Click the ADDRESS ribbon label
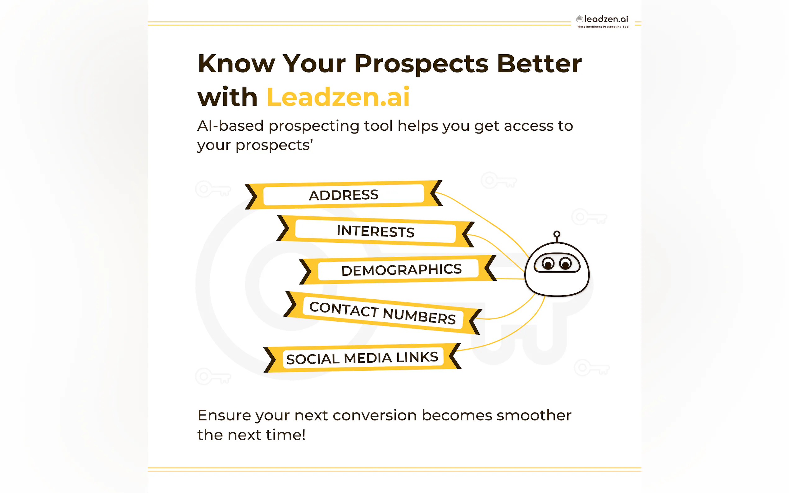344,195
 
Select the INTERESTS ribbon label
375,231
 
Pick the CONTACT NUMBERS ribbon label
382,312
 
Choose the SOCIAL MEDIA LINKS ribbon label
362,358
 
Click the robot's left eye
548,264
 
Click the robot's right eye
565,264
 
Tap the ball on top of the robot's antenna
557,234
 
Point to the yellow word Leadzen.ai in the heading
338,97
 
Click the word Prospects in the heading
421,64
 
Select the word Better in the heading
539,64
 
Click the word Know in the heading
236,64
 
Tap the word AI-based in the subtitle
230,126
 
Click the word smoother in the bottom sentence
534,415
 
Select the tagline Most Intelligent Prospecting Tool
603,27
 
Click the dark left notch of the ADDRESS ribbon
251,197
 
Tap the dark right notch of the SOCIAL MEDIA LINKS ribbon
454,356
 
